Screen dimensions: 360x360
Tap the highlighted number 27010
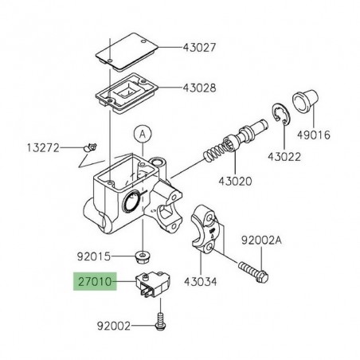95,282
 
